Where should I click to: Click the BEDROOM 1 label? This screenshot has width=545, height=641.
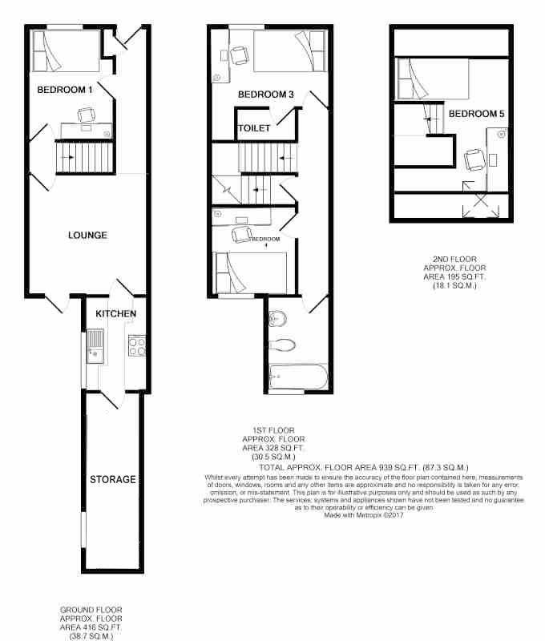click(65, 90)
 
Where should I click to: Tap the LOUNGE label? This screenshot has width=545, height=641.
click(87, 235)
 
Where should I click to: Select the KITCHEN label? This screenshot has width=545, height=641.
click(115, 313)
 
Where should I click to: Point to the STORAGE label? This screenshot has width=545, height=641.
click(112, 479)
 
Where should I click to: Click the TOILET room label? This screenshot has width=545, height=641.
click(254, 128)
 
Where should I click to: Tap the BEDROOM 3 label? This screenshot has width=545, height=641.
click(266, 95)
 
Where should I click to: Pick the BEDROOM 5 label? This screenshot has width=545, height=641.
click(476, 114)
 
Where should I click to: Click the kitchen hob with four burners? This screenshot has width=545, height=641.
click(136, 345)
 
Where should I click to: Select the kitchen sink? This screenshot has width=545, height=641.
click(95, 347)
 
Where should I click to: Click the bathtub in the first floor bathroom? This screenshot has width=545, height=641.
click(298, 377)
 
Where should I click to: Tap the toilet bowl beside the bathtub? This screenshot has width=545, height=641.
click(282, 345)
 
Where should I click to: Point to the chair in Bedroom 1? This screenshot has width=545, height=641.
click(87, 115)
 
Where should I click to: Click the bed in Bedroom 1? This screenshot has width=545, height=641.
click(66, 51)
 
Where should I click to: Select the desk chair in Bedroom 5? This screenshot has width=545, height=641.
click(474, 159)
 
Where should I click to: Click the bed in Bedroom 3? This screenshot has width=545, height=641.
click(290, 51)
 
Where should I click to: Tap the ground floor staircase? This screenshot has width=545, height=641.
click(86, 157)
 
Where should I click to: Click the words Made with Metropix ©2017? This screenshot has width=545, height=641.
click(364, 515)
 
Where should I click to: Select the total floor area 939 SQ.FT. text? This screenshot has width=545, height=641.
click(364, 468)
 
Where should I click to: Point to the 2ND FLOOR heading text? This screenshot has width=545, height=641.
click(454, 259)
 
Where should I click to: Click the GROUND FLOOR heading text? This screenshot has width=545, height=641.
click(91, 610)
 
